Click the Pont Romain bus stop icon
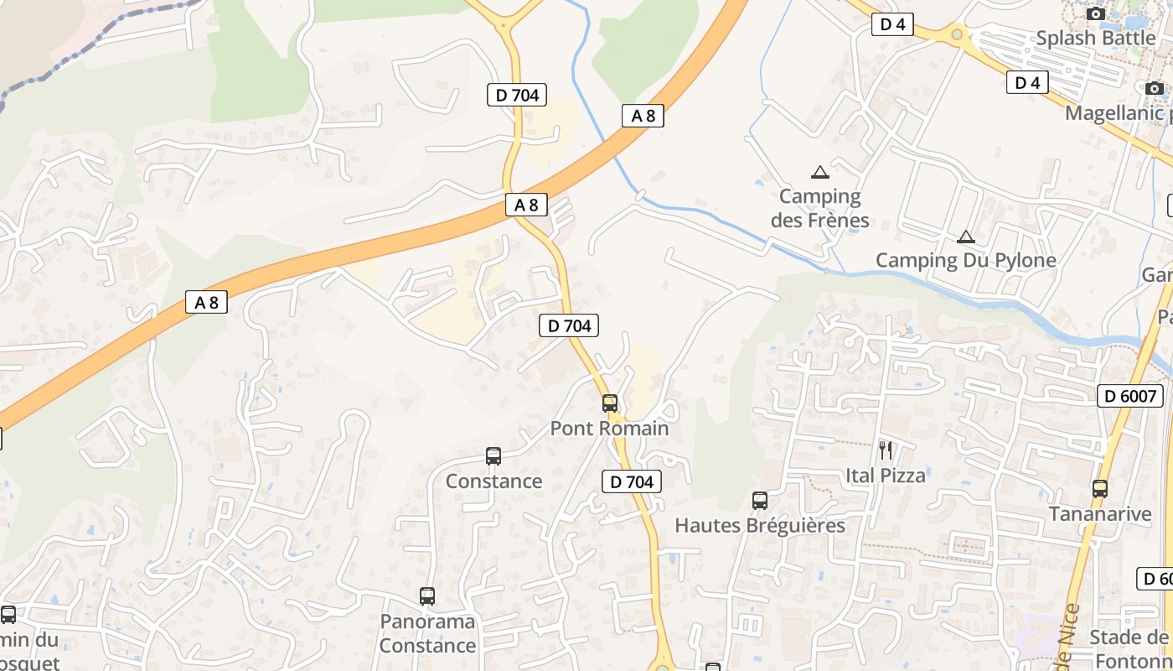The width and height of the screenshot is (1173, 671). click(610, 403)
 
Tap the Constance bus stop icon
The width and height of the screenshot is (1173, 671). click(493, 456)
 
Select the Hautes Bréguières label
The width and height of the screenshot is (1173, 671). click(760, 526)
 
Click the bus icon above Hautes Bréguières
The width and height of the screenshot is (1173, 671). click(760, 501)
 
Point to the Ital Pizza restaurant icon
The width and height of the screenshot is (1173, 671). click(886, 450)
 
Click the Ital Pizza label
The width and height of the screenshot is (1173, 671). click(886, 476)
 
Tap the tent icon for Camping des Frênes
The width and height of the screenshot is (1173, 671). click(820, 173)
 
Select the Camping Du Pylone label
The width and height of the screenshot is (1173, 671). click(965, 261)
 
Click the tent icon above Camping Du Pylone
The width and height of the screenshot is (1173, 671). click(966, 237)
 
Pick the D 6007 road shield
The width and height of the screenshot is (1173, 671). click(1130, 396)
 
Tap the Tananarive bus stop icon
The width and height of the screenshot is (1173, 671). click(1100, 488)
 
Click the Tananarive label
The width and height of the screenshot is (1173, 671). click(1100, 513)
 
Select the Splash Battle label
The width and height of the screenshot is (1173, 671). click(1095, 39)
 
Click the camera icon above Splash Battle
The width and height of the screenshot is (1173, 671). click(1095, 13)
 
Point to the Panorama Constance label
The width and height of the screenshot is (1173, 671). click(427, 633)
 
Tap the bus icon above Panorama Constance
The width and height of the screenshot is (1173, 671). click(427, 596)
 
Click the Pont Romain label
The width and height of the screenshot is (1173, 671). click(609, 429)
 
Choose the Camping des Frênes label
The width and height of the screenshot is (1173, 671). click(819, 208)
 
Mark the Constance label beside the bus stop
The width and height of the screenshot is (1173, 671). click(493, 481)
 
